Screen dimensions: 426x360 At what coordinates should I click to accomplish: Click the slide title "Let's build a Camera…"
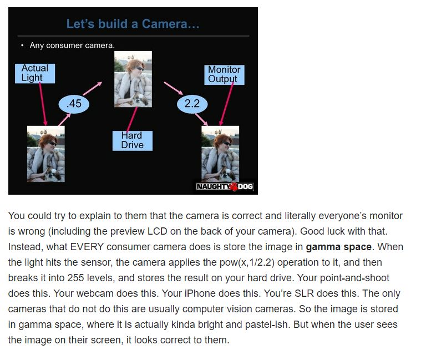click(133, 24)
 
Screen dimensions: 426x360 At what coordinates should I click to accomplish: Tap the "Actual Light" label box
click(35, 73)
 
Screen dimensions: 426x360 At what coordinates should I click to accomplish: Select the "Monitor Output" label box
click(224, 75)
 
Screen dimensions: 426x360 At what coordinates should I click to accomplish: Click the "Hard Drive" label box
click(133, 141)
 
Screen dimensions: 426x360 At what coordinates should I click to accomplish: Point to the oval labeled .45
click(74, 104)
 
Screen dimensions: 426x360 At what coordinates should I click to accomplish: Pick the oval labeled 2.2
click(192, 104)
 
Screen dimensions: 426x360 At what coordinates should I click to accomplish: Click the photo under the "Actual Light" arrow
click(46, 154)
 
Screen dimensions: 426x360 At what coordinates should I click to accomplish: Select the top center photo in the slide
click(133, 79)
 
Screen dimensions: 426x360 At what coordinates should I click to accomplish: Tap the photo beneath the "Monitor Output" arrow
click(220, 154)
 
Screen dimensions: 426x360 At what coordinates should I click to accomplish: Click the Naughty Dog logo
click(225, 187)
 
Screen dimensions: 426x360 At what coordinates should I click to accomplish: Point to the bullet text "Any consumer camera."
click(72, 45)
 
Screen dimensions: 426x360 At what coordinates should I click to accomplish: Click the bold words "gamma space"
click(338, 247)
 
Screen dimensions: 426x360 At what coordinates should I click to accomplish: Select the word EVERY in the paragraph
click(87, 247)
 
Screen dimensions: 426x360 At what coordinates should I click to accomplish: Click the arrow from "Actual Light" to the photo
click(43, 104)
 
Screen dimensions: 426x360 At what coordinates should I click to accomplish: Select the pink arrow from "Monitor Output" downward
click(226, 104)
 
